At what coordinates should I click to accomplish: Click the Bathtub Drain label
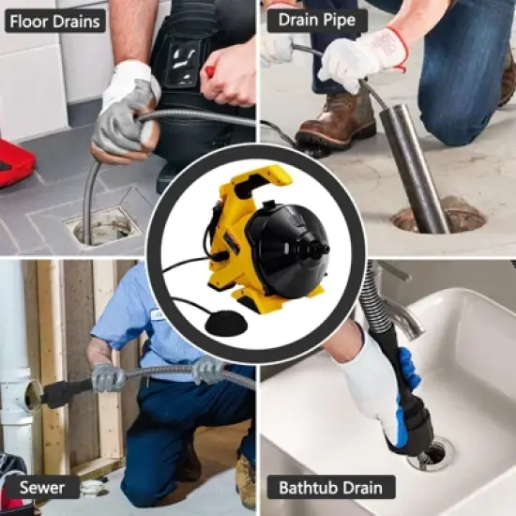coord(331,487)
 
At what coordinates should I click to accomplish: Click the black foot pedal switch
coord(223,323)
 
